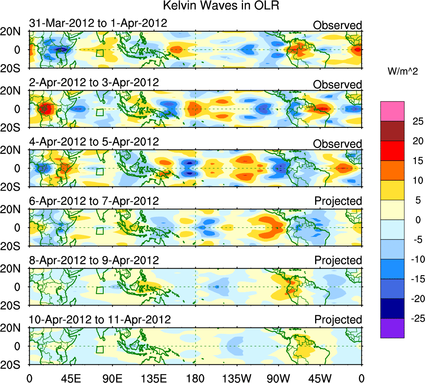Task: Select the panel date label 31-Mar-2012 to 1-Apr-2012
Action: [x=98, y=23]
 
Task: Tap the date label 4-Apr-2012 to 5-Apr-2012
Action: [x=94, y=142]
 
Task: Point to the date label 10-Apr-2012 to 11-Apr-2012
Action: [x=100, y=320]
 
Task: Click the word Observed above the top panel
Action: [x=337, y=25]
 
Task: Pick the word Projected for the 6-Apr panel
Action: [x=338, y=201]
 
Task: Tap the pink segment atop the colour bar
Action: [x=392, y=111]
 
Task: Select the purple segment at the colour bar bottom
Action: [x=392, y=328]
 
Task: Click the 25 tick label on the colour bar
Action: [x=416, y=121]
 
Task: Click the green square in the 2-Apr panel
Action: [x=99, y=112]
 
